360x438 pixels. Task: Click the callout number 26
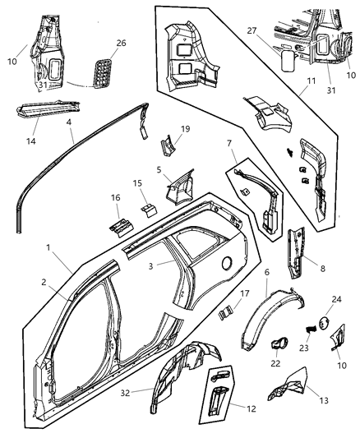click(x=121, y=44)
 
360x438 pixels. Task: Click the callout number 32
click(x=149, y=392)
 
